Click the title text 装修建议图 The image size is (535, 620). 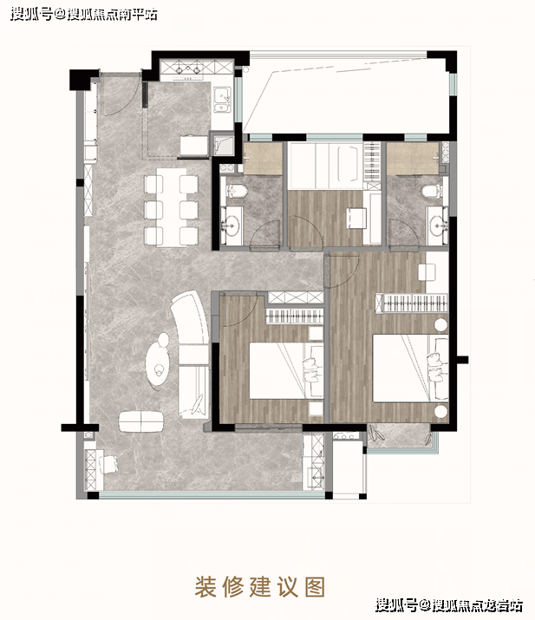tap(260, 586)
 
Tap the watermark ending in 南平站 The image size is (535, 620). tap(84, 15)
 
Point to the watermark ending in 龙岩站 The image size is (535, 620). tap(449, 605)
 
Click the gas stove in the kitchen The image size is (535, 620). tap(187, 68)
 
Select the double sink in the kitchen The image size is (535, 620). tap(222, 101)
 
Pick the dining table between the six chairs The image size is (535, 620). tap(171, 207)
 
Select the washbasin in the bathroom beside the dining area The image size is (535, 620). tap(231, 226)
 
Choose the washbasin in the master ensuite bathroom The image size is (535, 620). tap(438, 226)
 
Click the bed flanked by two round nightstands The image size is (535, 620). tap(410, 369)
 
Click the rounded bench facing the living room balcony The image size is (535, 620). tap(141, 421)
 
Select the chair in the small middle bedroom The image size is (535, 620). tap(356, 219)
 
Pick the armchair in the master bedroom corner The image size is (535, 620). tap(427, 272)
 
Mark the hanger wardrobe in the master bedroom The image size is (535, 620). tap(412, 303)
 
